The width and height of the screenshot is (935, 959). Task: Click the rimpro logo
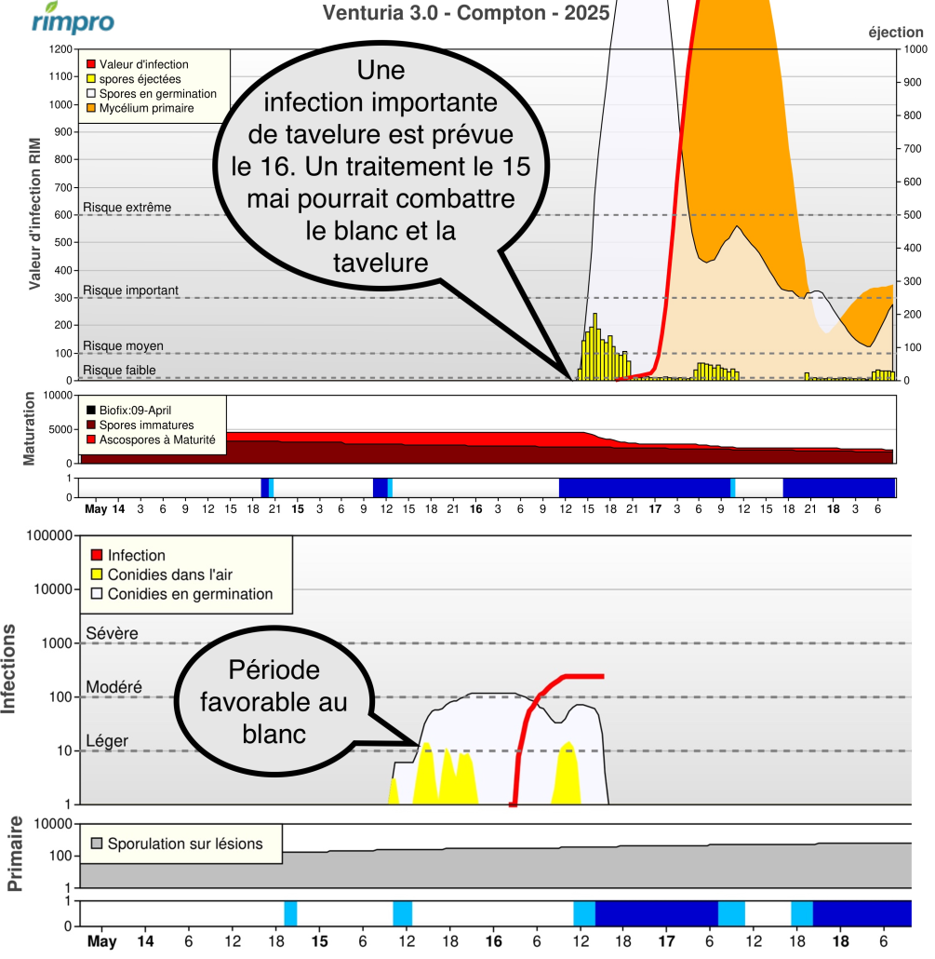pos(73,18)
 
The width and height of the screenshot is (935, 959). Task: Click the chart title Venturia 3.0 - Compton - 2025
pos(466,13)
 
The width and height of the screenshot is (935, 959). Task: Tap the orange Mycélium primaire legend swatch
pos(91,109)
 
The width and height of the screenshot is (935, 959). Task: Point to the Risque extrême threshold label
pos(127,207)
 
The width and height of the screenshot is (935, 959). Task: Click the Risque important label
pos(130,290)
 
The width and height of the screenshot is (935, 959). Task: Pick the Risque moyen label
pos(123,346)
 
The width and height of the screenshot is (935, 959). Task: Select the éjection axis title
pos(895,33)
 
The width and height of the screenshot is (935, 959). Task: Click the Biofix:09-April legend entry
pos(135,410)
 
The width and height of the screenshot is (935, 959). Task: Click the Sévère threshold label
pos(112,633)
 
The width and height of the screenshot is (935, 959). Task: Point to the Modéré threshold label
pos(114,687)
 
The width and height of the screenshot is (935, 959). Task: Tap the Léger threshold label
pos(107,741)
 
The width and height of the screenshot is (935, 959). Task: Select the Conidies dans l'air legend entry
pos(178,574)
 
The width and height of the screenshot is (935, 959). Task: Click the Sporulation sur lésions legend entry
pos(185,844)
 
